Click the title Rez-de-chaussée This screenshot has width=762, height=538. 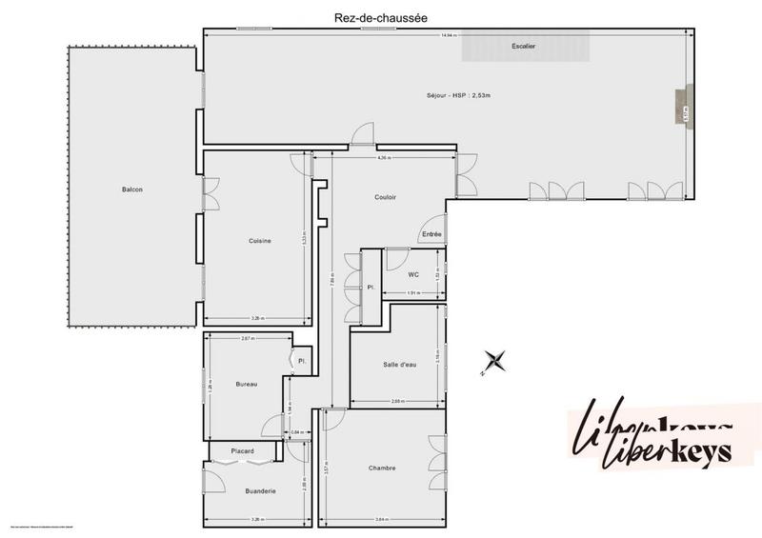point(381,16)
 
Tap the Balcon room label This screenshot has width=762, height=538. point(132,189)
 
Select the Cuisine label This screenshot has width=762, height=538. point(260,241)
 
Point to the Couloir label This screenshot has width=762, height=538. point(385,197)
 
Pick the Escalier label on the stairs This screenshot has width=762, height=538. point(523,46)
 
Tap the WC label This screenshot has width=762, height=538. point(413,275)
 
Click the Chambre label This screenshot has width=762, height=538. point(382,468)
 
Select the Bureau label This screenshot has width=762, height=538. point(247,384)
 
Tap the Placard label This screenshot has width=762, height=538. point(240,450)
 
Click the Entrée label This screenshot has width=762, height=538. point(431,234)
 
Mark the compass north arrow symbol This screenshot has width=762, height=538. point(494,361)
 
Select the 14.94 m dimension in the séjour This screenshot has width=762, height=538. point(447,35)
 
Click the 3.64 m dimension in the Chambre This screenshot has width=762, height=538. point(381,519)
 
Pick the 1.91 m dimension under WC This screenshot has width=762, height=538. point(413,293)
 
